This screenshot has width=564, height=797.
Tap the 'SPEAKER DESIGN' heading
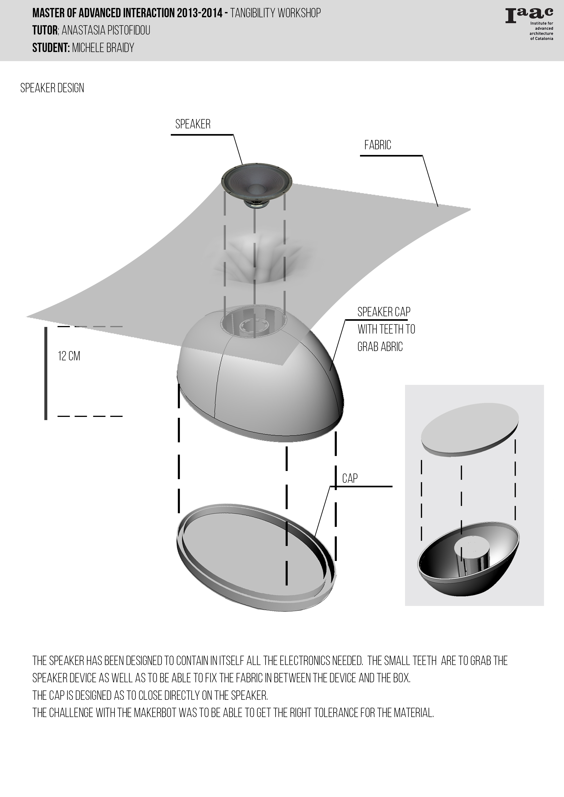(52, 88)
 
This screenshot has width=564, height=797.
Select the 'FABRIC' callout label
(378, 145)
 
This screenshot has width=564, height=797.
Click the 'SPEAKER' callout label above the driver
(193, 124)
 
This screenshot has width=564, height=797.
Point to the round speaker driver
(257, 183)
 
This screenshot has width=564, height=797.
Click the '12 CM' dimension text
(69, 356)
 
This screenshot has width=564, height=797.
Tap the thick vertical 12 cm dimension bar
(45, 373)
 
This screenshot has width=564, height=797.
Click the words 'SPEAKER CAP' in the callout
(384, 312)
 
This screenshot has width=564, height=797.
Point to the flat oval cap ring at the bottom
(256, 559)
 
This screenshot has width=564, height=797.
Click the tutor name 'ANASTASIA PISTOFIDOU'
(106, 30)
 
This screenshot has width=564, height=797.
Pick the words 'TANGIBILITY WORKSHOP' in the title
(275, 13)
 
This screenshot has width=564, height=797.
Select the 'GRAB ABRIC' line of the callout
(380, 347)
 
